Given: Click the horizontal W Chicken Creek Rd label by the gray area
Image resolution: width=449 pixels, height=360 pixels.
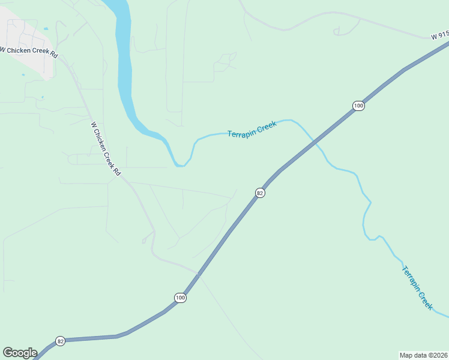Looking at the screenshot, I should tap(29, 52).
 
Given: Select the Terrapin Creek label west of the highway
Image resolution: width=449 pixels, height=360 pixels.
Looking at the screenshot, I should tap(252, 130).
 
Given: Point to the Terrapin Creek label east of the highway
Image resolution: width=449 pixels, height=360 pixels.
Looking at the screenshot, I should tap(417, 287).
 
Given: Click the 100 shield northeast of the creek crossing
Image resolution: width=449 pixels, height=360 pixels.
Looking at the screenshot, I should tap(358, 106).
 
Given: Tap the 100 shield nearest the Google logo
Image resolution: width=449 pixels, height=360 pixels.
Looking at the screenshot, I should tap(181, 298).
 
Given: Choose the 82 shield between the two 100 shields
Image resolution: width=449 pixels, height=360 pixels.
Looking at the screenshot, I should tap(260, 193).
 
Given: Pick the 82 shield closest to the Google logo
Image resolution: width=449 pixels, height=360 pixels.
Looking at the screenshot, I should tap(60, 341).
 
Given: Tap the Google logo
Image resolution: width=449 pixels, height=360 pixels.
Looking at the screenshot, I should tap(20, 353).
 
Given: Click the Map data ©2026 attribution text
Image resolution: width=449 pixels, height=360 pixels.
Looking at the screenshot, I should tap(423, 355).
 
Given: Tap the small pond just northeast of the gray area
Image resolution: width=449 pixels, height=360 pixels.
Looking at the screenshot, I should tap(46, 28).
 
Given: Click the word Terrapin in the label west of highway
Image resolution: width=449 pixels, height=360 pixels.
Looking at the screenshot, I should tap(242, 132).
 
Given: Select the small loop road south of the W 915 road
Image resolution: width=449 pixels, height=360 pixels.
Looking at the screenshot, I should tap(344, 29).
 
